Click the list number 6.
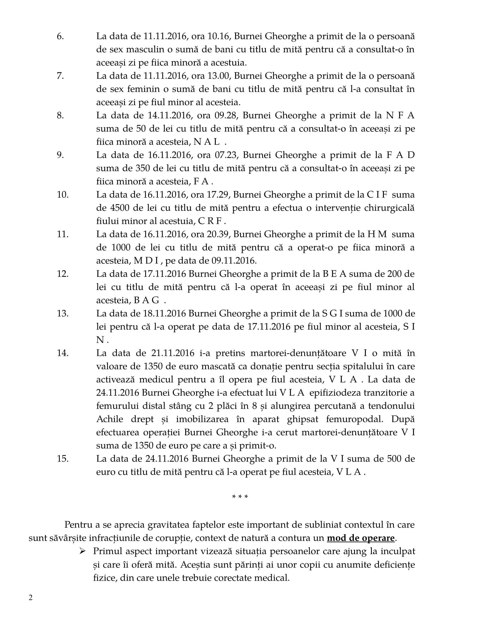(60, 36)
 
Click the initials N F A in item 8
(400, 115)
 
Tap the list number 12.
(63, 274)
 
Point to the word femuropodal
(355, 419)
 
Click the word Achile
(110, 419)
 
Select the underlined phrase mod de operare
(361, 538)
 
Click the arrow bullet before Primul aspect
(83, 551)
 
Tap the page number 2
(31, 597)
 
